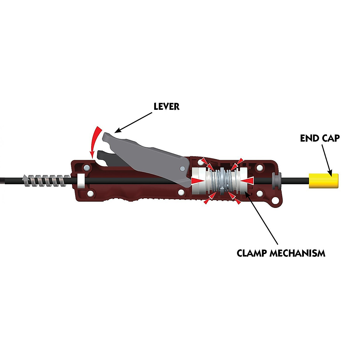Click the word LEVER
[x=166, y=106]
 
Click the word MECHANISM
[x=297, y=253]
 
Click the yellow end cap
[x=324, y=181]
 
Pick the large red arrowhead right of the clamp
[x=248, y=180]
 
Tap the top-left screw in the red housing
[x=87, y=167]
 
